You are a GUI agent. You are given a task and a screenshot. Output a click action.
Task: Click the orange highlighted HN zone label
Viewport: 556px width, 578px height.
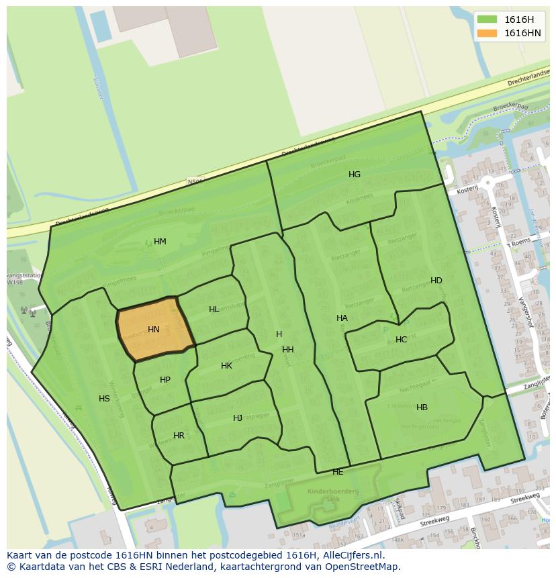[154, 330]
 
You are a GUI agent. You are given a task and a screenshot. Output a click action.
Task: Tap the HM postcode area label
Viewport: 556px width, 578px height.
[160, 242]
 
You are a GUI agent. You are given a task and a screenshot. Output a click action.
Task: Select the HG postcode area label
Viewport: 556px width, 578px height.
[355, 175]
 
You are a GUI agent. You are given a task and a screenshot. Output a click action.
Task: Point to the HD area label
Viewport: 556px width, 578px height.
[436, 281]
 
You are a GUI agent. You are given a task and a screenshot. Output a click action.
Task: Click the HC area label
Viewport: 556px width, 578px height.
[401, 340]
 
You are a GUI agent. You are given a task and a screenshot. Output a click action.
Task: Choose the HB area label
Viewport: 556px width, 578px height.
[422, 407]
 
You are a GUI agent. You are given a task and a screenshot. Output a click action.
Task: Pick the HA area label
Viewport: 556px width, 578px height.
[342, 318]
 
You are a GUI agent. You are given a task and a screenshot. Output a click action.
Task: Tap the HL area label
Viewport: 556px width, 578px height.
[214, 309]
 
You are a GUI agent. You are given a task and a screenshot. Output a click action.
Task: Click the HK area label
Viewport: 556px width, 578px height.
[226, 366]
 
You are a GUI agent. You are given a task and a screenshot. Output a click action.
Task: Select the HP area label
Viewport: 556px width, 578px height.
[165, 380]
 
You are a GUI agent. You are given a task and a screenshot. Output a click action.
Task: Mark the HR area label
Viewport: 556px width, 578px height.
[179, 436]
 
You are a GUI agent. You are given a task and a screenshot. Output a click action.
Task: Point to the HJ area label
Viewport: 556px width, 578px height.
[238, 418]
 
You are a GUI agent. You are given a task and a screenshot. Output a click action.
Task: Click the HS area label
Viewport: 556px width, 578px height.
[104, 399]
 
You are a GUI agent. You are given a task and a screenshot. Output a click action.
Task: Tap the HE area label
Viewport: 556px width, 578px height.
[338, 472]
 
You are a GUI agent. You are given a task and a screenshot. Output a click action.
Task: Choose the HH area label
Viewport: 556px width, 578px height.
[288, 350]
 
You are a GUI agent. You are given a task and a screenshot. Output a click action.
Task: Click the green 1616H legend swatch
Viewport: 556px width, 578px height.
[487, 19]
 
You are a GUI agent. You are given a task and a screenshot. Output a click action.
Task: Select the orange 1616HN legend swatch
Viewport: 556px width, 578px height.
[487, 33]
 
